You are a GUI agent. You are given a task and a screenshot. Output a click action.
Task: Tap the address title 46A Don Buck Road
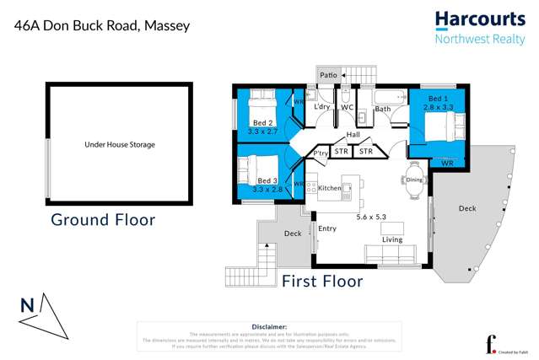tap(102, 25)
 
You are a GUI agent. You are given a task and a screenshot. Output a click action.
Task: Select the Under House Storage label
tap(120, 145)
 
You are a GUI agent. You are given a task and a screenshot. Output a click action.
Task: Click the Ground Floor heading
tap(103, 220)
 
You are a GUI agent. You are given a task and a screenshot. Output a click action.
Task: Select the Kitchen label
tap(330, 188)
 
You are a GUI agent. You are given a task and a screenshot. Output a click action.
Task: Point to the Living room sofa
tap(389, 255)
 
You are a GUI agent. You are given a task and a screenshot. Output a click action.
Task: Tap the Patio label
tap(328, 76)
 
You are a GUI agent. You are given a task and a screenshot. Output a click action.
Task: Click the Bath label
tap(382, 109)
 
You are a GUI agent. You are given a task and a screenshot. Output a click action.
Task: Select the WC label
tap(347, 108)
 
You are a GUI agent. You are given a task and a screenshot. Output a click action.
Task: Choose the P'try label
tap(321, 153)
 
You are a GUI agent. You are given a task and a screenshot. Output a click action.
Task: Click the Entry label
tap(327, 228)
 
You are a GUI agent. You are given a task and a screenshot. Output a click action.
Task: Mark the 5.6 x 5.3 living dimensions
tap(372, 218)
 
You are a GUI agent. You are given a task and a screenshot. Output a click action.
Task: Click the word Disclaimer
tap(269, 326)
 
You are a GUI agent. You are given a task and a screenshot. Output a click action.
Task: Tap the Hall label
tap(353, 135)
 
